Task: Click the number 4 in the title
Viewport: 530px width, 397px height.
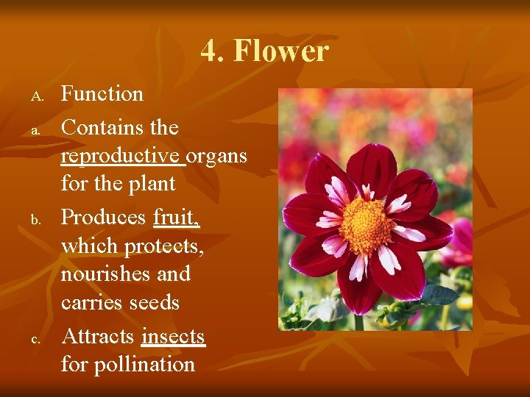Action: (x=209, y=51)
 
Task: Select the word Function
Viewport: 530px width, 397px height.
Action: (x=102, y=94)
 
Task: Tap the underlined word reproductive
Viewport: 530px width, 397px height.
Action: (x=121, y=157)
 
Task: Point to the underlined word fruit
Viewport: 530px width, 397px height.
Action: (x=177, y=218)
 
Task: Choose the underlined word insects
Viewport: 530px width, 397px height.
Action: (x=173, y=337)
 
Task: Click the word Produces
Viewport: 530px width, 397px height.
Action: (x=104, y=218)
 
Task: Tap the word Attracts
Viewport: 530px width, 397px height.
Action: (x=99, y=337)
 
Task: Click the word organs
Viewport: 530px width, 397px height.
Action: (x=216, y=157)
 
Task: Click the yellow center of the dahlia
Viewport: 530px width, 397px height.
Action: (x=365, y=225)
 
